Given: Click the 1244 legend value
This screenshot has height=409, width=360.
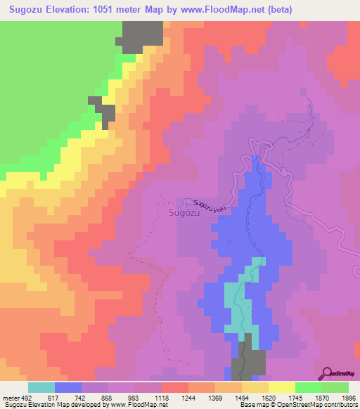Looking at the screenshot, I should pyautogui.click(x=188, y=398).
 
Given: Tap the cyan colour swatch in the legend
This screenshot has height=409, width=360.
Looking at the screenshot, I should pyautogui.click(x=41, y=387).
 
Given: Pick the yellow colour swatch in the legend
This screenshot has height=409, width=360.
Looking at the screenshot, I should pyautogui.click(x=281, y=387).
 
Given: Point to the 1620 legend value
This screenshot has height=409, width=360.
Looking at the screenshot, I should pyautogui.click(x=269, y=398).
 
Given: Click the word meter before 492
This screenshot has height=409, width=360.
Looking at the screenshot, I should pyautogui.click(x=11, y=398).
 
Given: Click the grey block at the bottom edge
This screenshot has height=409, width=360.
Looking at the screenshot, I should pyautogui.click(x=249, y=358).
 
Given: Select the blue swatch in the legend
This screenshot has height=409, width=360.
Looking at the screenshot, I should pyautogui.click(x=68, y=387).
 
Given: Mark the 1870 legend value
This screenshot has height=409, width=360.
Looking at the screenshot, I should pyautogui.click(x=321, y=398).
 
